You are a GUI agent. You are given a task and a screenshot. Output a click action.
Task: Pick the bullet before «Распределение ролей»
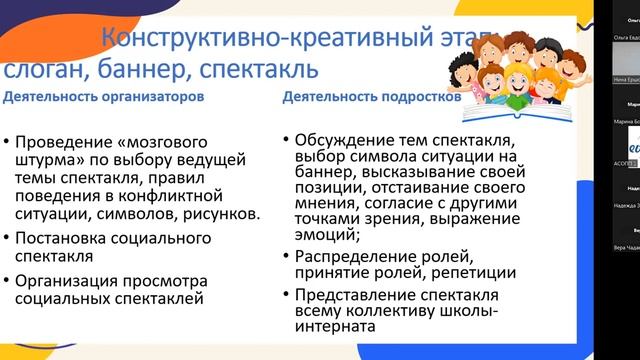[x=288, y=243]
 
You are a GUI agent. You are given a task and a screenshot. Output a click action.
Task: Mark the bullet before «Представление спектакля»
[x=288, y=294]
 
